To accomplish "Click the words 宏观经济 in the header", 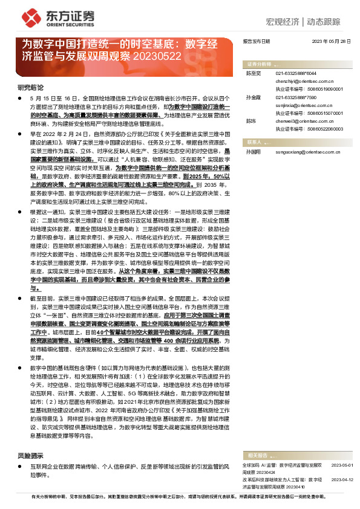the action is click(x=283, y=22).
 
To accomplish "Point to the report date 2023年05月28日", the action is click(x=331, y=41).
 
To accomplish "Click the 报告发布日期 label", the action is click(x=257, y=41).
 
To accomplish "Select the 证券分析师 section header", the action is click(x=259, y=63).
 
